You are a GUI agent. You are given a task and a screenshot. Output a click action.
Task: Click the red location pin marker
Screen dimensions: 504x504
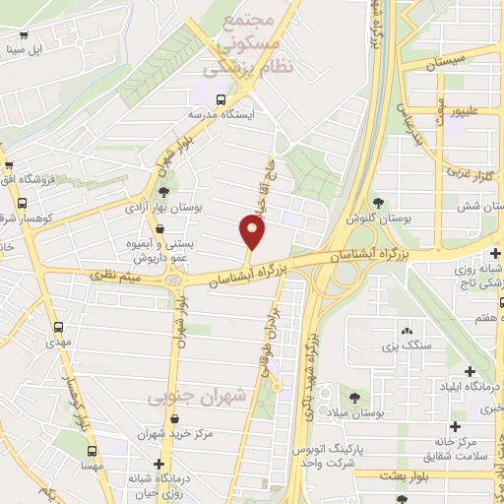pyautogui.click(x=253, y=232)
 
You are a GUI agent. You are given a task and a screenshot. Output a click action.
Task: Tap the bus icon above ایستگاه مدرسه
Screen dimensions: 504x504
pyautogui.click(x=220, y=99)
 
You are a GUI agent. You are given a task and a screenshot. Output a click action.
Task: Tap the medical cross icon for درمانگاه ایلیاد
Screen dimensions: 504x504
pyautogui.click(x=469, y=371)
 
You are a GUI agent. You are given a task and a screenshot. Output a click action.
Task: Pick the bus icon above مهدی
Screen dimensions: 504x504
pyautogui.click(x=59, y=326)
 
